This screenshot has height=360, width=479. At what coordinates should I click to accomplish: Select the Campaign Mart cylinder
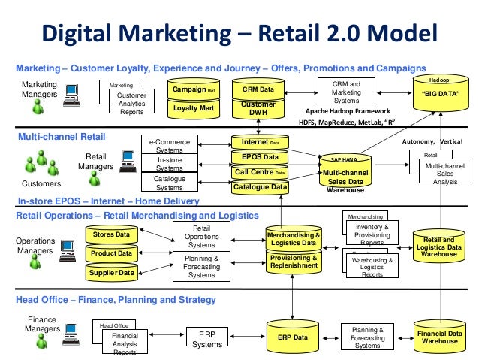point(191,89)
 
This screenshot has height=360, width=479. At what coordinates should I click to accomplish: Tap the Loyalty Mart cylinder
point(191,108)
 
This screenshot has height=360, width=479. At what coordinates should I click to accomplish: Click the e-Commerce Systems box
point(170,145)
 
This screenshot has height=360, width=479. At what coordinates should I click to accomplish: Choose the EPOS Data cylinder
point(260,157)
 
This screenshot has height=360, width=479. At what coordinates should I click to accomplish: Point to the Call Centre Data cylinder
point(260,172)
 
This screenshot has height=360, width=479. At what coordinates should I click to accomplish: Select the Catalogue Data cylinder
point(260,187)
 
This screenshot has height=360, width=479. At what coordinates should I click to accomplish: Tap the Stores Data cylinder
point(111,235)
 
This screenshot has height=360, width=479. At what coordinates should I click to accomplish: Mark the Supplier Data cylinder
point(111,272)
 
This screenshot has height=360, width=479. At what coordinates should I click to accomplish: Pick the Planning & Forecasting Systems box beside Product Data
point(201,267)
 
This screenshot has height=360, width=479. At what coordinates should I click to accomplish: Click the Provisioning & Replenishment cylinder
point(293,262)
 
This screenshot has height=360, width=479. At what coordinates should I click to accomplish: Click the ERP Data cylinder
point(293,337)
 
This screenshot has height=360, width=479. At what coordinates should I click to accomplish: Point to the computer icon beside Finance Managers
point(73,328)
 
